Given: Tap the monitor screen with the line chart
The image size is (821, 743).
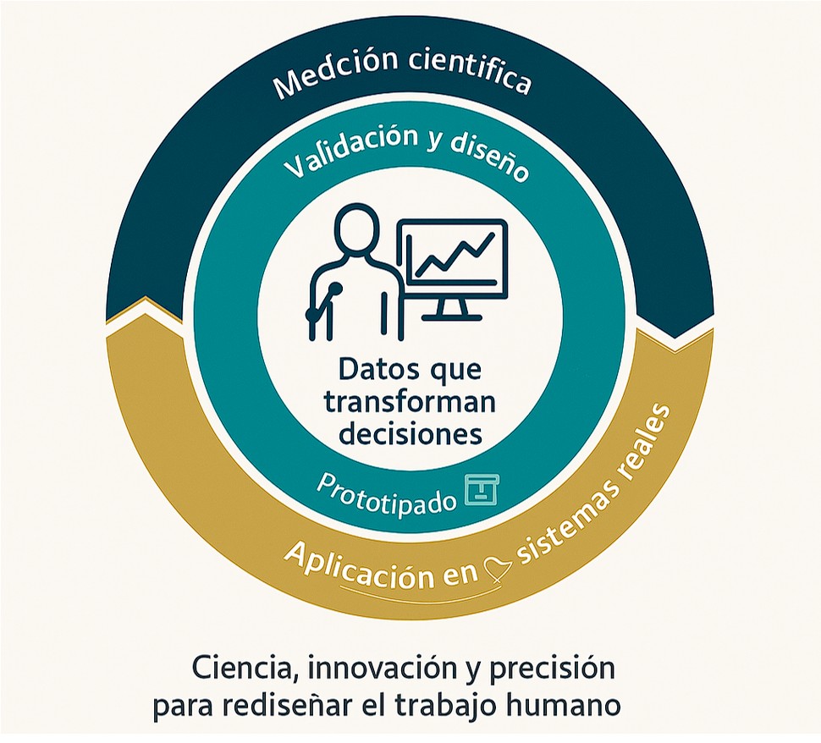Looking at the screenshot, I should (x=452, y=255).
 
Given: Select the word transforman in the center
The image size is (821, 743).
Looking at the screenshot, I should (x=410, y=403).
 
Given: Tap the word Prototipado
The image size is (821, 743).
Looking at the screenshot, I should (x=386, y=494).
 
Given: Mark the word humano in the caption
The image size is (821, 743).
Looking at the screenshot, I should (x=565, y=704).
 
